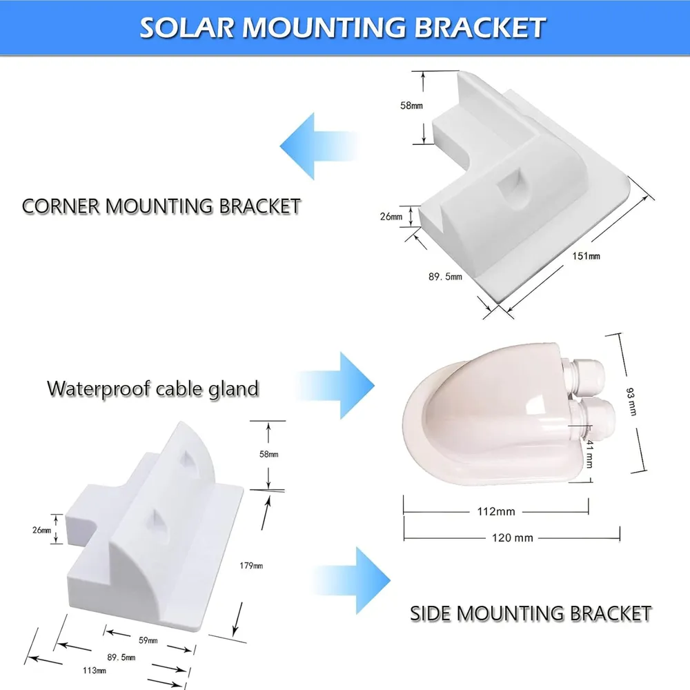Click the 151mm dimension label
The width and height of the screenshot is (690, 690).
click(586, 256)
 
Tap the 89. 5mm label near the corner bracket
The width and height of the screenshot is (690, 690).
click(445, 277)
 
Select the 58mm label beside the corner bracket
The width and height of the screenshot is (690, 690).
click(411, 105)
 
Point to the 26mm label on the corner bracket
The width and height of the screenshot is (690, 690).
click(391, 216)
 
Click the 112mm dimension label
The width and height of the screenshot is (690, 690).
click(496, 511)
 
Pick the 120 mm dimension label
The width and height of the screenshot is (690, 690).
click(512, 538)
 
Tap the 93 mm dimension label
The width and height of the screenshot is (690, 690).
click(631, 402)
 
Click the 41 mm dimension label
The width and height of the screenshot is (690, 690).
click(590, 453)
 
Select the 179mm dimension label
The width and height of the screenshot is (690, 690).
click(251, 566)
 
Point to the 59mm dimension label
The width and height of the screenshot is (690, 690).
click(148, 640)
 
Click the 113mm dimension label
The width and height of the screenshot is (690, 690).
click(94, 670)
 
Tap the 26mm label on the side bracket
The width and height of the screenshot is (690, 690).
click(42, 530)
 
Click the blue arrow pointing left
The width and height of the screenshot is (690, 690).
click(319, 146)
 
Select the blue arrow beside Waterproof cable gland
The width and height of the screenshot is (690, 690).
click(337, 386)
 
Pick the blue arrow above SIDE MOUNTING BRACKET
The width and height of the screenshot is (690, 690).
click(352, 580)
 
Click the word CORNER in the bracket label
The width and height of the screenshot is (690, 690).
click(61, 206)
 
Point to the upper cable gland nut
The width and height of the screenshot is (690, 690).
click(584, 375)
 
